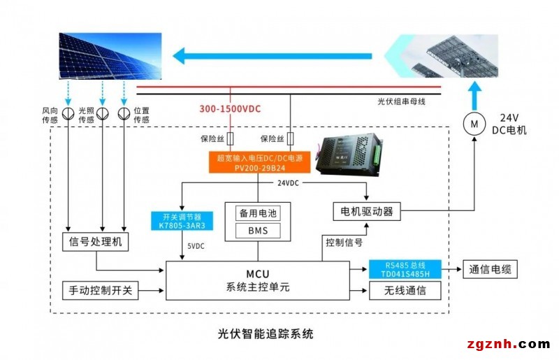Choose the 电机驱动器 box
click(368, 210)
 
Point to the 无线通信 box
click(406, 290)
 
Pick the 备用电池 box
click(258, 213)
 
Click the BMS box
click(258, 229)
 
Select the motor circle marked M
click(474, 124)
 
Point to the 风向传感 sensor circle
click(68, 113)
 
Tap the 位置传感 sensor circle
click(124, 113)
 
